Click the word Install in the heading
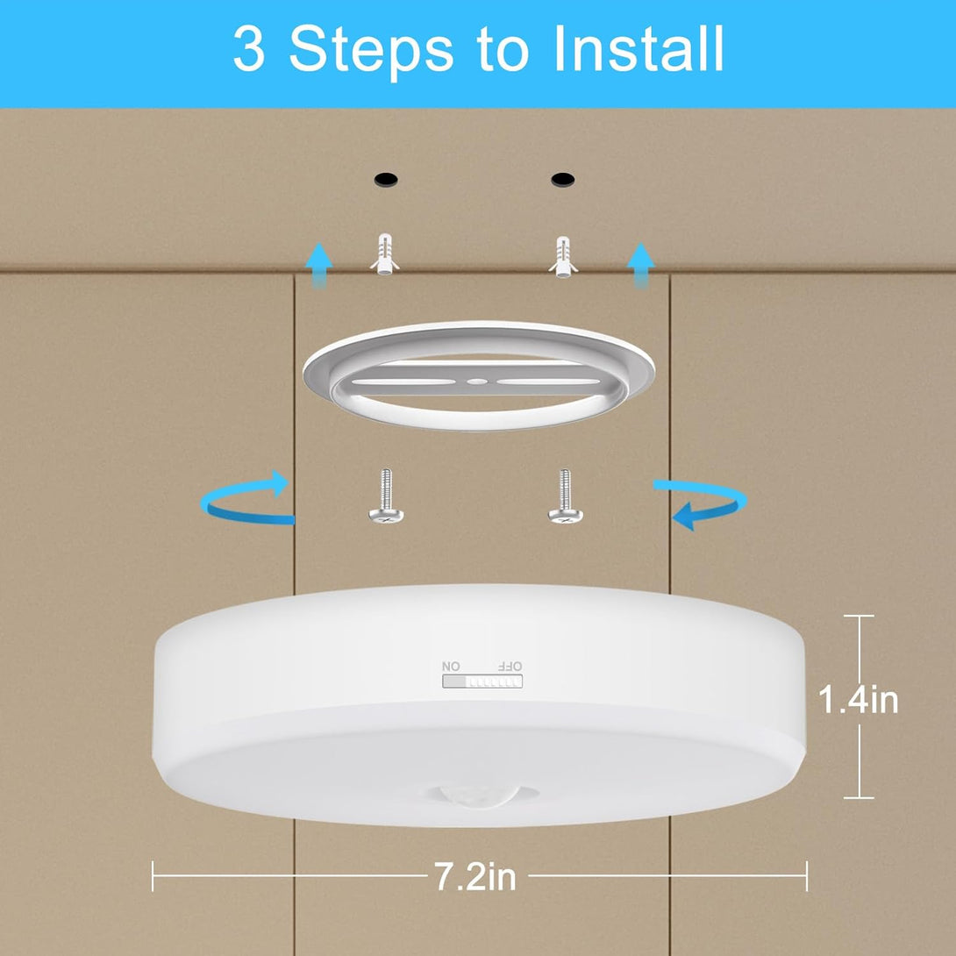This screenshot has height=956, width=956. click(639, 49)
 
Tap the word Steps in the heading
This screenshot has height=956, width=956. click(371, 53)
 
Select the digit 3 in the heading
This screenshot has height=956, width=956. click(249, 49)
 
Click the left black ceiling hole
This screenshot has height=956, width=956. click(386, 179)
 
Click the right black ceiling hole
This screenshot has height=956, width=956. click(563, 179)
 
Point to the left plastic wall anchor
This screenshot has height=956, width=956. click(385, 254)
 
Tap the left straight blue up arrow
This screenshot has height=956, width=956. click(318, 265)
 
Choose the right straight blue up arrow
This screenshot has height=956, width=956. click(641, 265)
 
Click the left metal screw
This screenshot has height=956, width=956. click(385, 496)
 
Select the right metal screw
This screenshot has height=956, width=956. click(565, 496)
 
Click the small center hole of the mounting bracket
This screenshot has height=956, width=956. click(477, 382)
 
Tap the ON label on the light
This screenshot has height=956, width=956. click(451, 666)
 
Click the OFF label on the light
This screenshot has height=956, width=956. click(510, 666)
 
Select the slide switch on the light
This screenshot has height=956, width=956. click(482, 681)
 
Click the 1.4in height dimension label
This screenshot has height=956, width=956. click(859, 699)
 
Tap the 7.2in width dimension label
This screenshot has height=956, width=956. click(475, 876)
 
